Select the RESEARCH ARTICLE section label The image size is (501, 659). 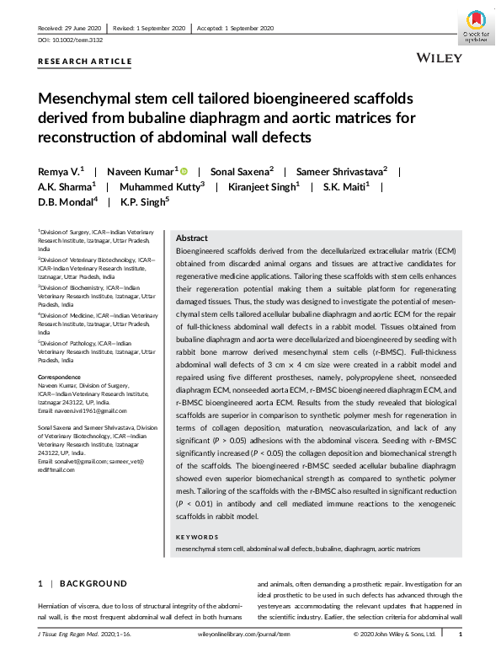[x=85, y=62]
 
